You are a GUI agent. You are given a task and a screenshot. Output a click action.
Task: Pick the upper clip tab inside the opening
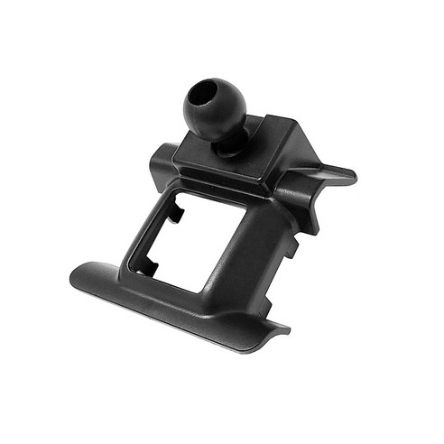coord(180,214)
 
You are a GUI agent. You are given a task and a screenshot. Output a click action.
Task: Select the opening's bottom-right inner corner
coord(205,287)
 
